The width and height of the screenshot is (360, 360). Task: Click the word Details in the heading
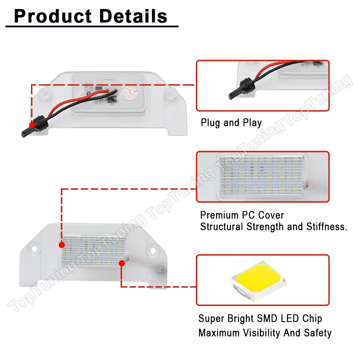point(134,16)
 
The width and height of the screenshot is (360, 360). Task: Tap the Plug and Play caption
point(231,123)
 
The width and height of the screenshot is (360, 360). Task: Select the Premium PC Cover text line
point(242,215)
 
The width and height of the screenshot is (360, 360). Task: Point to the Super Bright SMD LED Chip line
point(260,319)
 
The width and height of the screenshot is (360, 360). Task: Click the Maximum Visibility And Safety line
point(265,333)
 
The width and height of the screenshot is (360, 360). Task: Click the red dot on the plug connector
point(32,125)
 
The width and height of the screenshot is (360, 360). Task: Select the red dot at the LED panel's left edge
point(62,245)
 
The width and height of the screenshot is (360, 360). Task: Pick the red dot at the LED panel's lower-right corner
point(122,263)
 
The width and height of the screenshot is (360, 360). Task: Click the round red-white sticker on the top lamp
point(129,92)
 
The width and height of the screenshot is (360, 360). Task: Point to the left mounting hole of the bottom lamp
point(34,249)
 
